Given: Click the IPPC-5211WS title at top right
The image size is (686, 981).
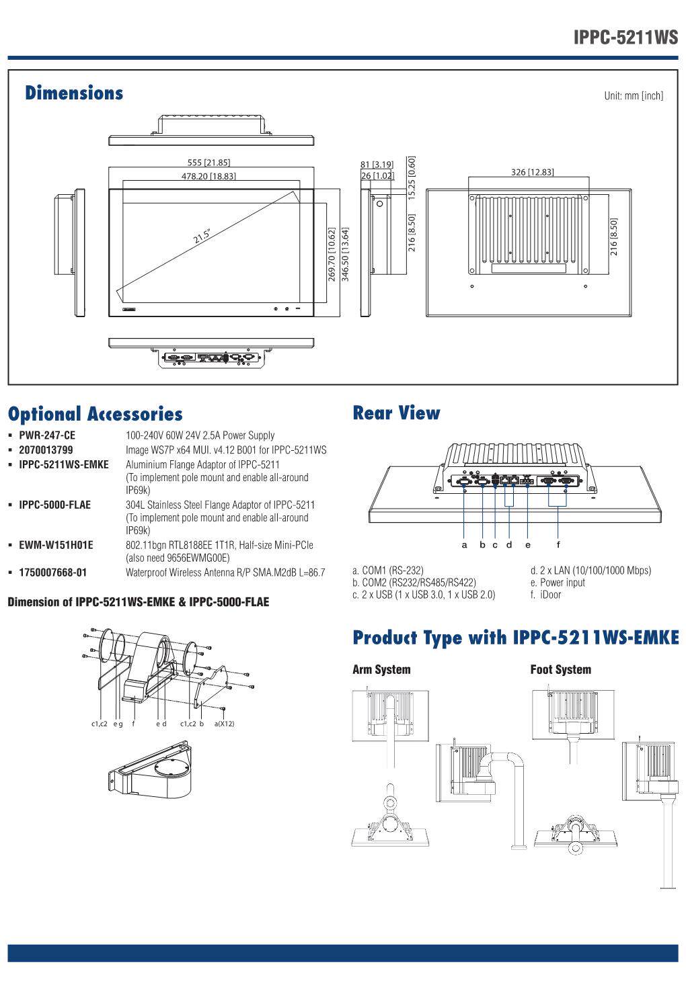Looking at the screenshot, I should [625, 37].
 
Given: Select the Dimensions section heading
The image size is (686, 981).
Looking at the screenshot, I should [74, 93].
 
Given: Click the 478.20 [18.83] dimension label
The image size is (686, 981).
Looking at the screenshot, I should [208, 176].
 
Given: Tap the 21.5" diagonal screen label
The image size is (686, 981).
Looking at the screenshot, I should [202, 237].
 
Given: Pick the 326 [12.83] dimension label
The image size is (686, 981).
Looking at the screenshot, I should [533, 172].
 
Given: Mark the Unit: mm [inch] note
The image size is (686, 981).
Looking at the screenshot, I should [633, 95].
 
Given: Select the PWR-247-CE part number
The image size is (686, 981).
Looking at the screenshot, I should [47, 435].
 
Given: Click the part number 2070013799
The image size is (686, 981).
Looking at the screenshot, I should [46, 450].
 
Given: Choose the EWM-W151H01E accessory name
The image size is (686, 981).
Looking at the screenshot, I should [56, 545].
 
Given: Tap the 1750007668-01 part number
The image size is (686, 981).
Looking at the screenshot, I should [52, 572].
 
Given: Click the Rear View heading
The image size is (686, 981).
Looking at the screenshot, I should [396, 413].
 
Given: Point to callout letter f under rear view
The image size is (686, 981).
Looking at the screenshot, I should [558, 544].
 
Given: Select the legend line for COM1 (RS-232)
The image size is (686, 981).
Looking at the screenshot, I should [388, 570].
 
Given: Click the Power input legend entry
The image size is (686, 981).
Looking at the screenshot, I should [558, 583].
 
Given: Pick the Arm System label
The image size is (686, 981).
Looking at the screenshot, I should [381, 669].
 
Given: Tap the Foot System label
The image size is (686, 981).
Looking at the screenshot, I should [560, 669].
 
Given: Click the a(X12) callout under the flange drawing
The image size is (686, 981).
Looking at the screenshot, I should [224, 724].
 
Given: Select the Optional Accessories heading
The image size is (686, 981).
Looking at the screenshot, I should [95, 414].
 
